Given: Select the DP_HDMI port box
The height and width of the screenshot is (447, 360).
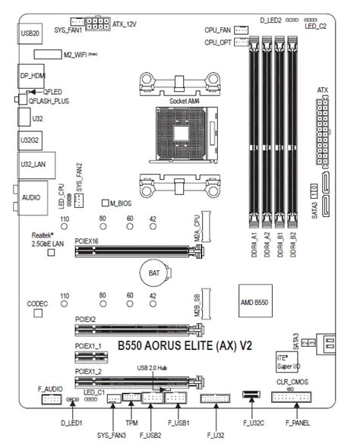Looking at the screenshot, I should point(32,77).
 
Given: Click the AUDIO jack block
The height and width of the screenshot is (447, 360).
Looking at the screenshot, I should point(31,196).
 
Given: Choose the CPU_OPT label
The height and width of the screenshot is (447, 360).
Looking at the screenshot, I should point(218,43).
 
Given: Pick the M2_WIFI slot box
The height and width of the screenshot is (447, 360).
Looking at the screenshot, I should point(60,55).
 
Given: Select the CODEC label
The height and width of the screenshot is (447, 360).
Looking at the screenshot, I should point(38,303).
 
